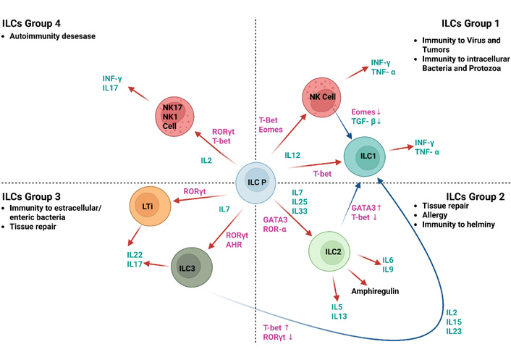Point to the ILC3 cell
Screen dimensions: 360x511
193,267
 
